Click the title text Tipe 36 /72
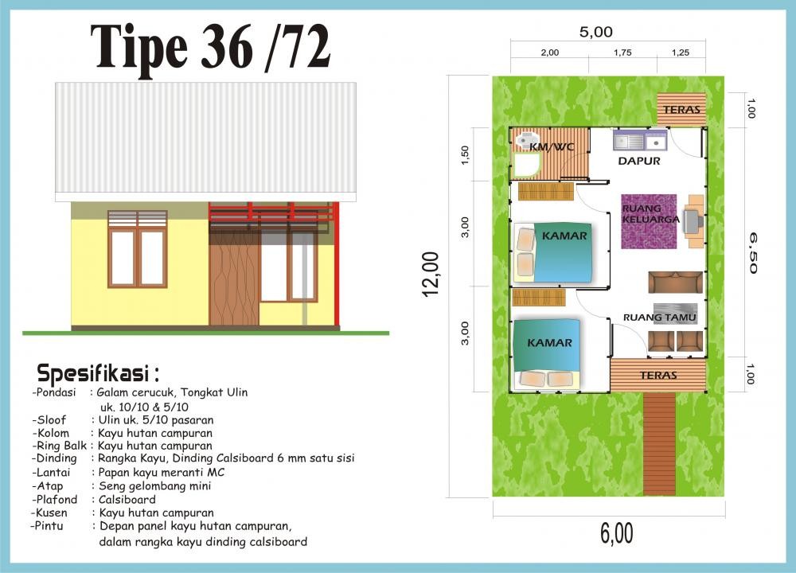coord(211,47)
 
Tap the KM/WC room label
coord(552,147)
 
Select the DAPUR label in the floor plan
coord(639,161)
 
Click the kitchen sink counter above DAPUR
coord(640,141)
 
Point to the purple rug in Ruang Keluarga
coord(649,221)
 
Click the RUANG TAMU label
coord(659,318)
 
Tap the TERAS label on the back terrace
coord(682,109)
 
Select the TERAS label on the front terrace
coord(658,375)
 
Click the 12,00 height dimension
coord(430,274)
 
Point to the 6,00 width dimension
coord(617,533)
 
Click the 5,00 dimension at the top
coord(596,32)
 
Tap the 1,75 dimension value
coord(622,53)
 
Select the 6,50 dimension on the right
coord(752,253)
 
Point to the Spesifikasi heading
coord(98,373)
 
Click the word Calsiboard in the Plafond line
coord(127,500)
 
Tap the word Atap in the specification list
coord(49,486)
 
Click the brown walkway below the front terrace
coord(659,444)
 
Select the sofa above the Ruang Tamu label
coord(675,283)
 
